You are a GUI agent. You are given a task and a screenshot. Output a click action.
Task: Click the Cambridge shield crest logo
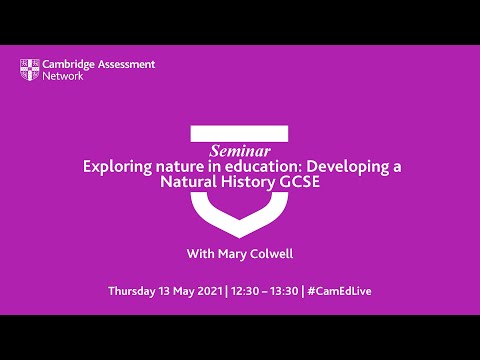tap(30, 69)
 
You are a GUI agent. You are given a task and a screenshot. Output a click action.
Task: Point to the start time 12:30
tap(247, 291)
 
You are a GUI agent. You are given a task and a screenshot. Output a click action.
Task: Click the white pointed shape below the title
tap(240, 217)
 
